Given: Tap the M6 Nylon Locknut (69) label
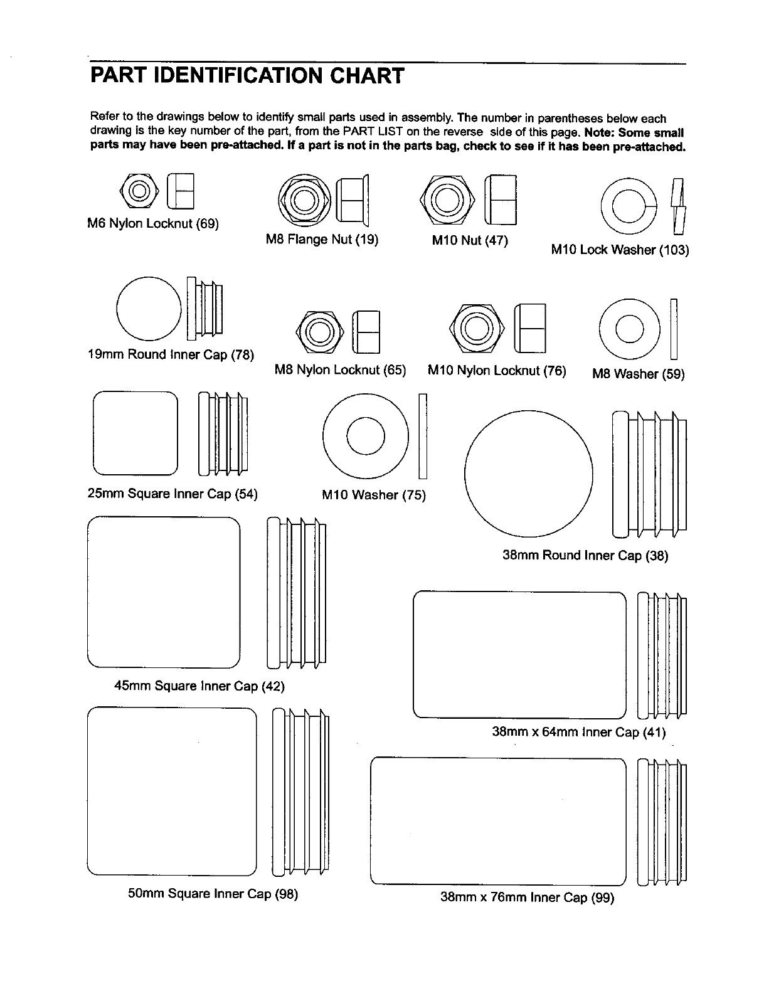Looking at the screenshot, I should coord(152,224).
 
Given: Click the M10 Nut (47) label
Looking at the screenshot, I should coord(470,240).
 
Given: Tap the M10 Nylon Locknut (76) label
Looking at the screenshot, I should coord(497,371).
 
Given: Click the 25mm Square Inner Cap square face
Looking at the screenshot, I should coord(135,433).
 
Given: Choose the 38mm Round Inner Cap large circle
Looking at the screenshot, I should coord(528,474).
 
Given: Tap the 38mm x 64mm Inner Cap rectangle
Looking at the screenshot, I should coord(519,655).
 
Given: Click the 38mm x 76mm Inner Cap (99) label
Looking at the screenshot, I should coord(527,898).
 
